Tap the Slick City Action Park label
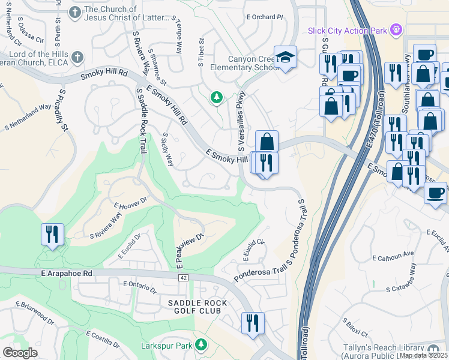(x=346, y=30)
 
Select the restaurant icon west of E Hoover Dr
(x=52, y=233)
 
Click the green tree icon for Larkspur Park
(x=202, y=344)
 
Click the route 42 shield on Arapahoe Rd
(x=183, y=277)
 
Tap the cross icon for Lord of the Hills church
(x=77, y=57)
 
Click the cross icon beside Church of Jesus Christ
(x=74, y=12)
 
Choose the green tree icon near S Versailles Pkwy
(x=216, y=97)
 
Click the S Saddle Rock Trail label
(x=142, y=120)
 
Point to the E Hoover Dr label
(x=130, y=202)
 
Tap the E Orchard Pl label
(x=264, y=17)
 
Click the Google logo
(x=20, y=352)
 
